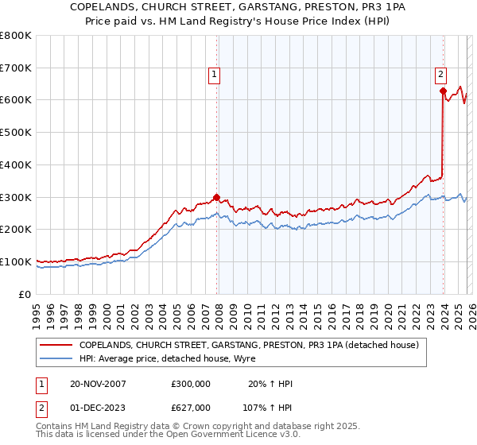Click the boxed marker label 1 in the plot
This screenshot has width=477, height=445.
(215, 75)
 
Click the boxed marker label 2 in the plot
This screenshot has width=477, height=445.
(440, 75)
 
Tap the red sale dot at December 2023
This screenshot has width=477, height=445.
(443, 91)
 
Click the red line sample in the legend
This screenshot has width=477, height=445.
(57, 345)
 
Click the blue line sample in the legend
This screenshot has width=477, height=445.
(57, 358)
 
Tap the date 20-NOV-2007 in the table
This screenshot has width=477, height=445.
(98, 384)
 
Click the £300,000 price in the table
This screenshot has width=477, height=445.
(190, 384)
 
